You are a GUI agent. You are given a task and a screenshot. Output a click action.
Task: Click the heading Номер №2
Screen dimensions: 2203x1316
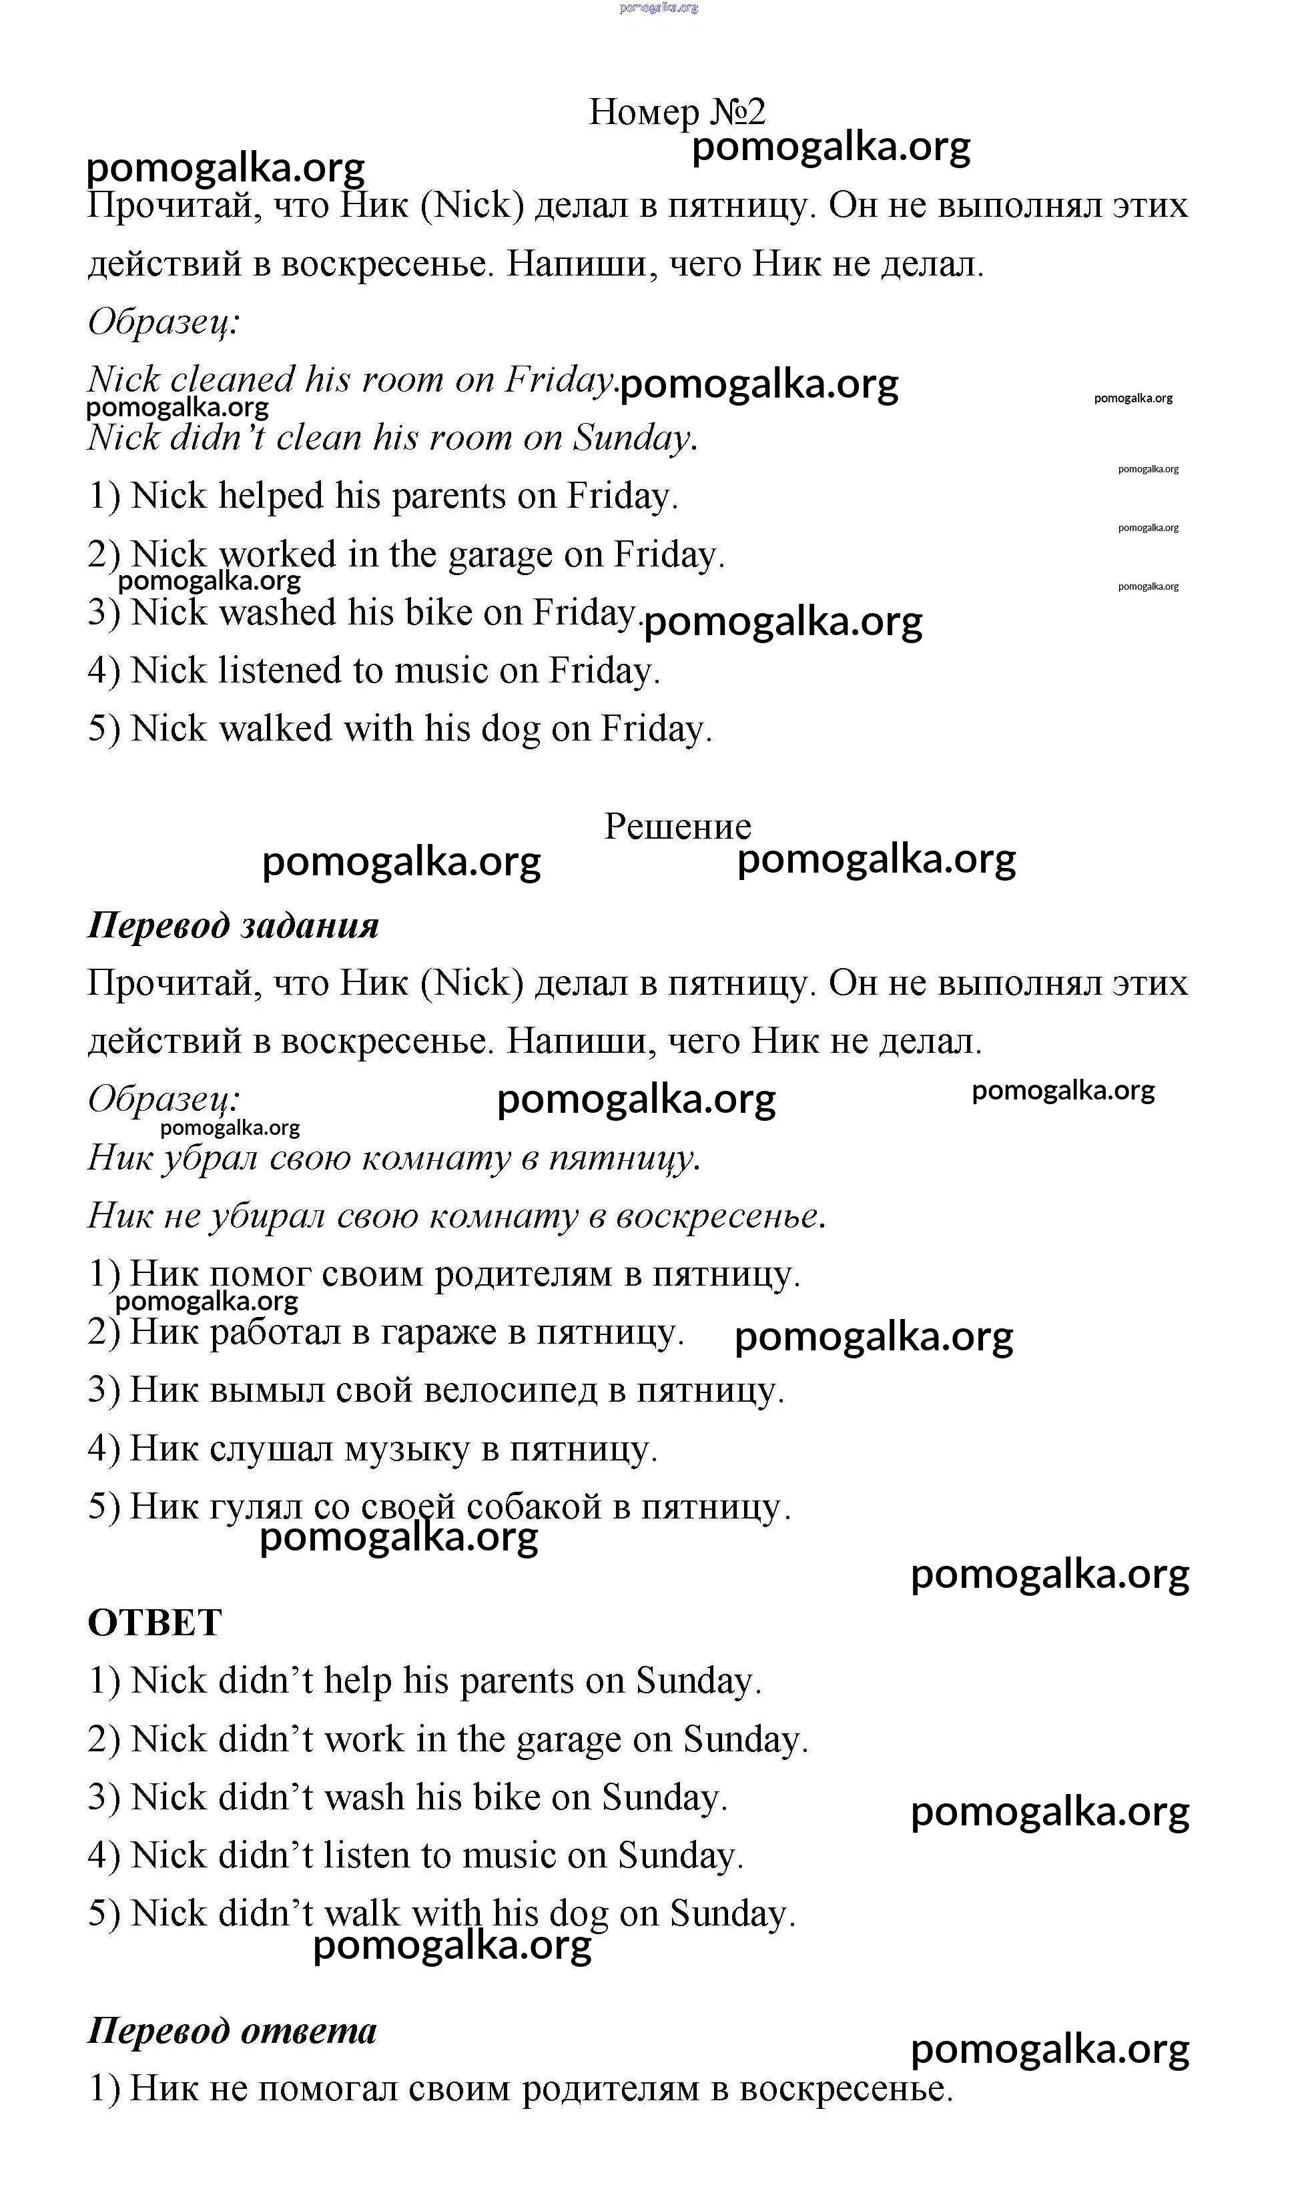click(x=677, y=111)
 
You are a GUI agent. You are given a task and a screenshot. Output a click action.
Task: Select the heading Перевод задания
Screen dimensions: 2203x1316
click(x=233, y=925)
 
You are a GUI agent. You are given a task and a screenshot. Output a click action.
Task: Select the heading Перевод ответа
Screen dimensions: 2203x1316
click(x=232, y=2030)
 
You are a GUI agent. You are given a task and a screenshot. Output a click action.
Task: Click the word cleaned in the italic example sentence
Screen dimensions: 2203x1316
click(x=232, y=380)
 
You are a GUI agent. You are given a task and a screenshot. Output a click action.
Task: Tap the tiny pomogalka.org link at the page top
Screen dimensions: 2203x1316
click(x=659, y=7)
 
